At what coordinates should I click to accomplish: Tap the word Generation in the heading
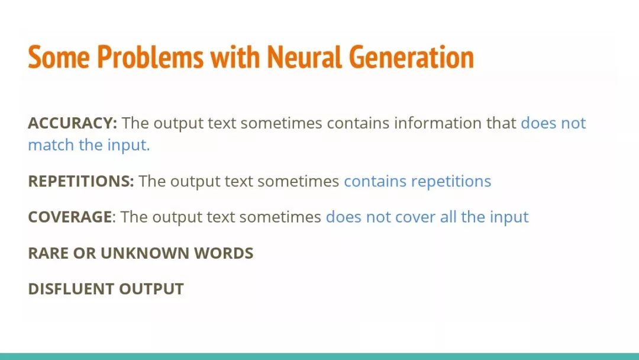point(412,56)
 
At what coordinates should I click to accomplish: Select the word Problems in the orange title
point(150,56)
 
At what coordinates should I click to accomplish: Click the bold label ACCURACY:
point(73,123)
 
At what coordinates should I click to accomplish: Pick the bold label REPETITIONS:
point(80,181)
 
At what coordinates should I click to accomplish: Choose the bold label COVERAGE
point(70,217)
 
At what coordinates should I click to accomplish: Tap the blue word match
point(51,145)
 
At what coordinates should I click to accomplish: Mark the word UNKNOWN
point(145,253)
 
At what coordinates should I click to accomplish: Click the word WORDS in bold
point(223,253)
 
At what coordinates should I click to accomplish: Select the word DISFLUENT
point(71,289)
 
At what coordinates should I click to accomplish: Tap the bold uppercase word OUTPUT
point(151,289)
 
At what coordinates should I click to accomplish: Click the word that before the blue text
point(501,123)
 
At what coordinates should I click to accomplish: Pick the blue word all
point(448,217)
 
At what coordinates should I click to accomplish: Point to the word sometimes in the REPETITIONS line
point(298,181)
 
